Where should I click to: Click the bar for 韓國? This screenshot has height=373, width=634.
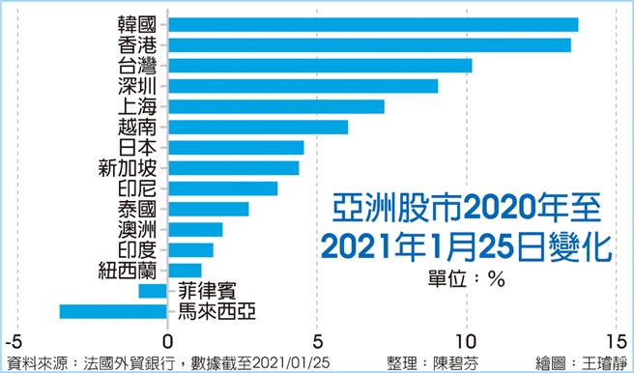[372, 24]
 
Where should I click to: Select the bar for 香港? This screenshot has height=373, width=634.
[368, 44]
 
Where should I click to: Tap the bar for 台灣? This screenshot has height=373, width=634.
[319, 65]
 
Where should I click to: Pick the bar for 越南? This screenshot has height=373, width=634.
[257, 127]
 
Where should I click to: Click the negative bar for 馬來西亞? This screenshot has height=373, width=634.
[113, 311]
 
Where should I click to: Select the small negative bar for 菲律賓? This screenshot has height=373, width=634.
[153, 291]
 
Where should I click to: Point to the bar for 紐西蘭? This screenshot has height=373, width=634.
[184, 270]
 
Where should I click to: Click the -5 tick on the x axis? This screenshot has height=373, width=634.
[13, 342]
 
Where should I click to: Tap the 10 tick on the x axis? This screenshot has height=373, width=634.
[467, 342]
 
